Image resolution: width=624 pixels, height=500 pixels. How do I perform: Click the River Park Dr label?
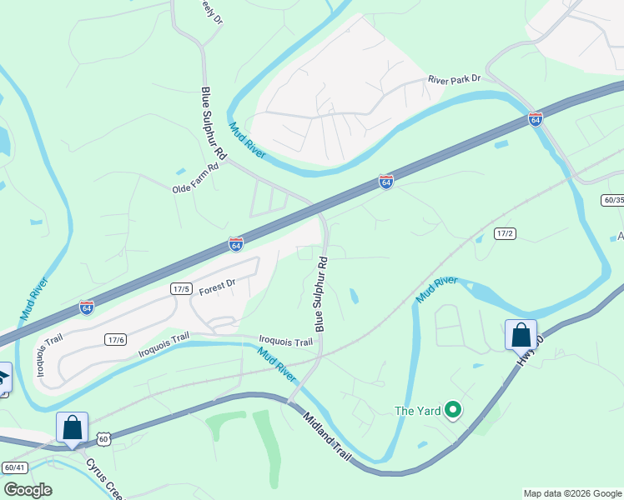[x=455, y=79]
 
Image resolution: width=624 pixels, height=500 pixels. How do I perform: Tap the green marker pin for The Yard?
[x=453, y=409]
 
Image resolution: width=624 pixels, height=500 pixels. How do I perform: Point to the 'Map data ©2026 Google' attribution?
[x=571, y=493]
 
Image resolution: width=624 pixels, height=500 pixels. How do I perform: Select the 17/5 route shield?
[x=182, y=288]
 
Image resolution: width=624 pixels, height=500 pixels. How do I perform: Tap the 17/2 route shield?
[x=505, y=233]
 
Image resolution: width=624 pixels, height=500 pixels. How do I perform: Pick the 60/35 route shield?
[x=612, y=200]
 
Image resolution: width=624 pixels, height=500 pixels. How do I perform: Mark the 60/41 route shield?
[x=14, y=467]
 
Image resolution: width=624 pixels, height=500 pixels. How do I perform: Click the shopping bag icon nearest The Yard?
[x=521, y=335]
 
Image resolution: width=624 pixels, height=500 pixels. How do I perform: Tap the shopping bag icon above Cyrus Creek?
[x=72, y=427]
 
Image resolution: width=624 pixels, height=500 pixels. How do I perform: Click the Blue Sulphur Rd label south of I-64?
[x=321, y=293]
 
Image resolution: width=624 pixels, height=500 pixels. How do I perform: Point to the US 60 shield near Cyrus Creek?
[x=103, y=438]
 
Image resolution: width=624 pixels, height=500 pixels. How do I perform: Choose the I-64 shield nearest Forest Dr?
[x=236, y=245]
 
